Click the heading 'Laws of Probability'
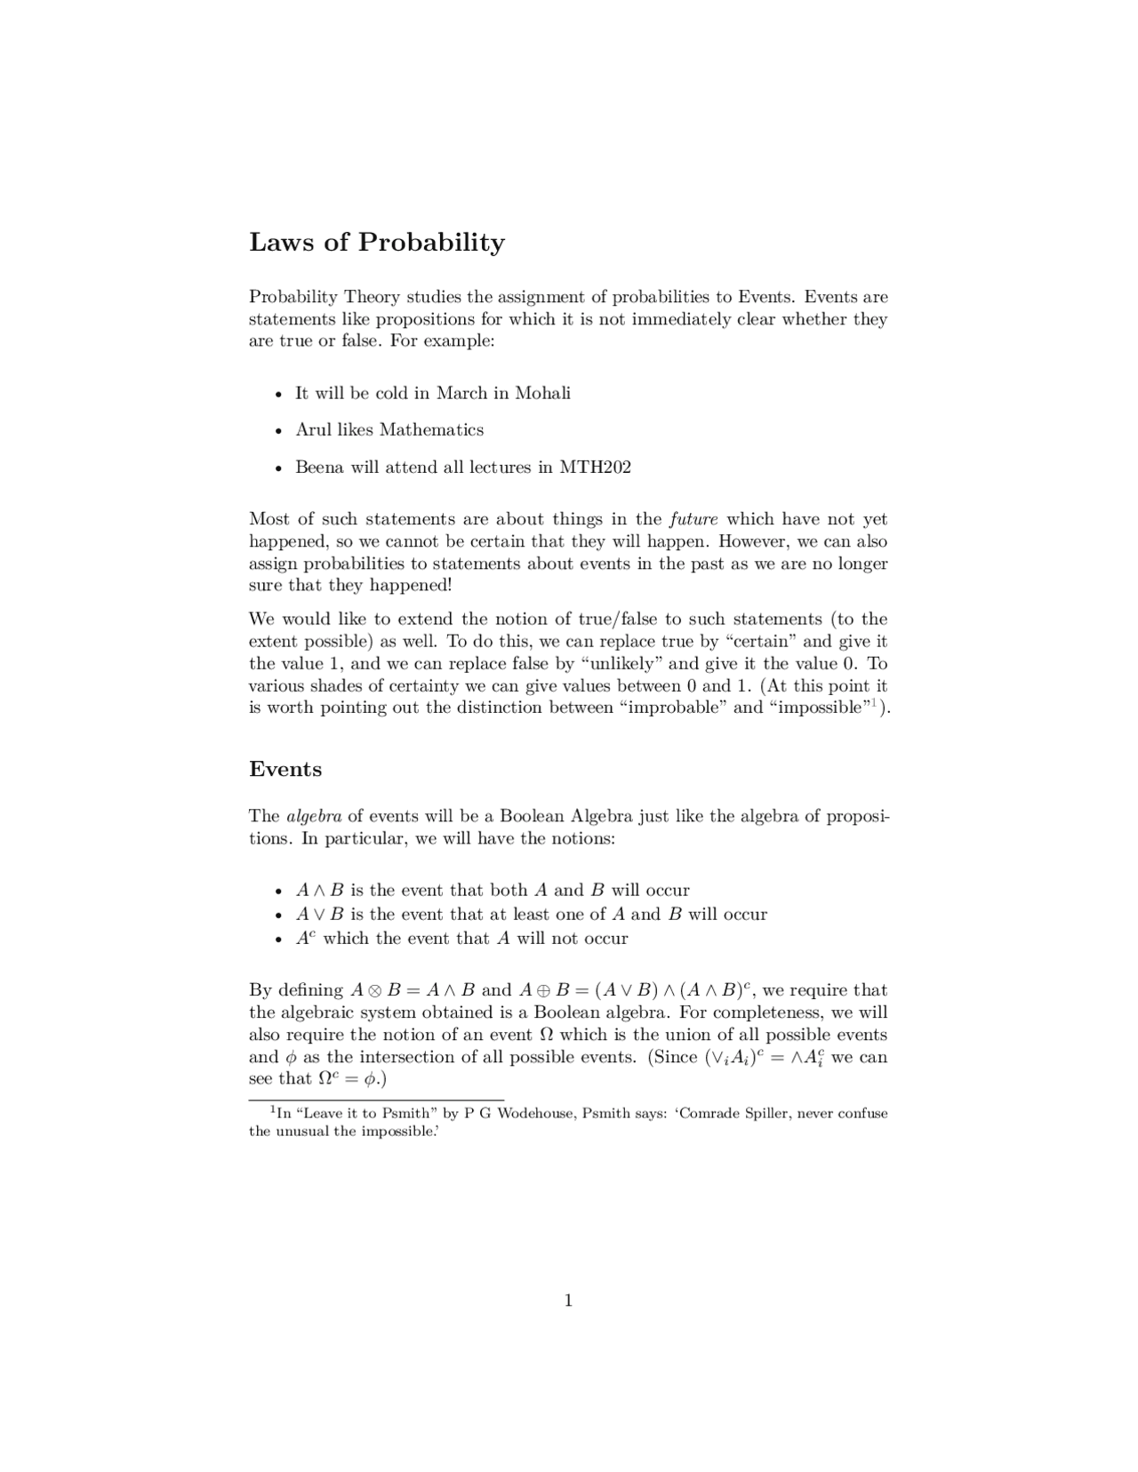377,243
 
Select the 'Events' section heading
285,770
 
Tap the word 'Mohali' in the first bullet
542,394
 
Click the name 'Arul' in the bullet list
313,430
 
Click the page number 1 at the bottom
568,1301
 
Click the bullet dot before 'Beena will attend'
279,468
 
